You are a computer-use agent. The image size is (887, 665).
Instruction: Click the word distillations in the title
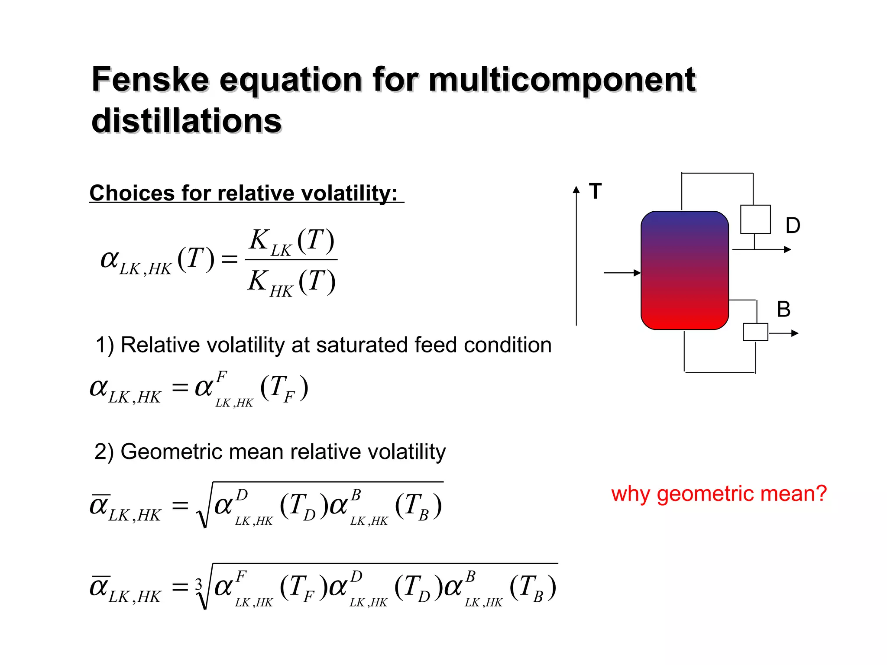click(186, 121)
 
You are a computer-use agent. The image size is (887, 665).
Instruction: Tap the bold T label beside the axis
click(596, 191)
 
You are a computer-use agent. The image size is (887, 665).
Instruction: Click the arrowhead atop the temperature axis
click(576, 190)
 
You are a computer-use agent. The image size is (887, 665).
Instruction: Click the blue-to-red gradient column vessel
click(684, 271)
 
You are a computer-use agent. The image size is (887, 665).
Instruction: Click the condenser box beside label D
click(755, 220)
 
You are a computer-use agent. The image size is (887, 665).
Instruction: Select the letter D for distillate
click(793, 226)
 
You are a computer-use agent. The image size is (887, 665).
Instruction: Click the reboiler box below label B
click(755, 332)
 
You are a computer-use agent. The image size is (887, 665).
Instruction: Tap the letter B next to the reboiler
click(783, 309)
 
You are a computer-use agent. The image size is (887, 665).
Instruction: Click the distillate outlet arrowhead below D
click(788, 249)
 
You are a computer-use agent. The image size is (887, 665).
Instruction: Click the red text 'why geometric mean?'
click(719, 494)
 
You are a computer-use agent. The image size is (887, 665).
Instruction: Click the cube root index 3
click(199, 584)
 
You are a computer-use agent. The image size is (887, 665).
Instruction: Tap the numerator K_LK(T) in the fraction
click(291, 242)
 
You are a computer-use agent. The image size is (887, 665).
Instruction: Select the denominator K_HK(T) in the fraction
click(291, 282)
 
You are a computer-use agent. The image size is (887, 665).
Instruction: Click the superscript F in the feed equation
click(221, 377)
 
